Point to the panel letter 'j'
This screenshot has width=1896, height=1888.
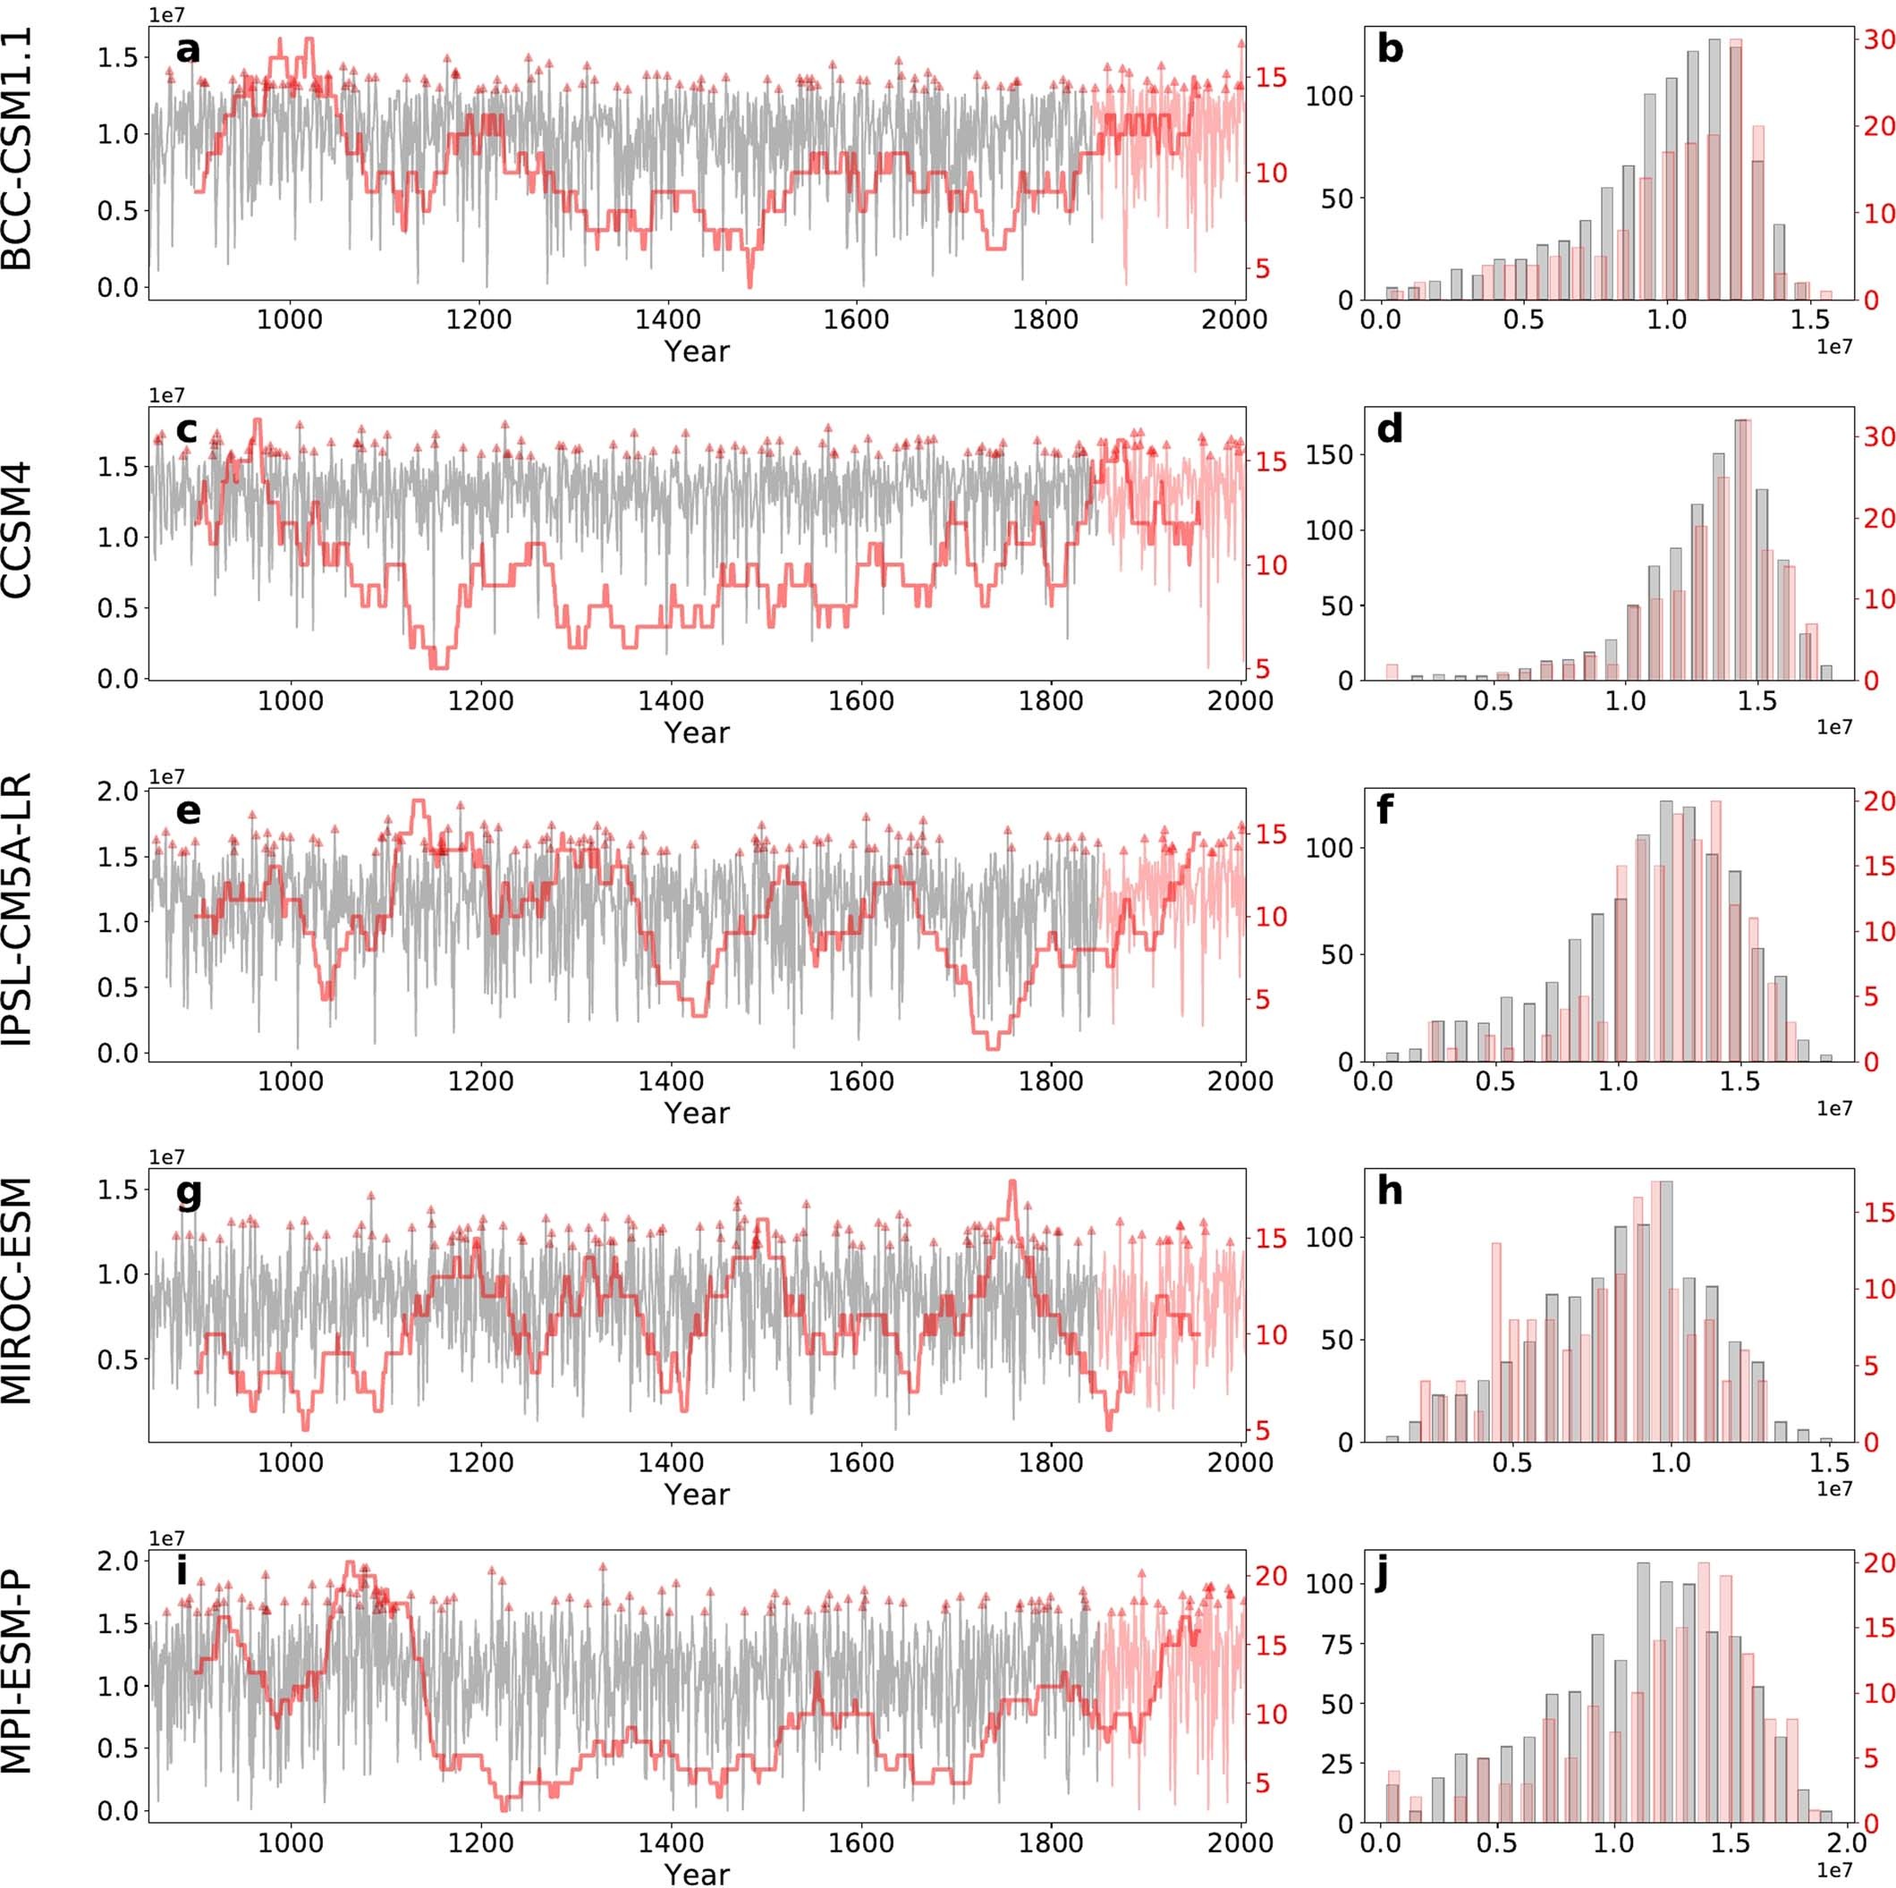[x=1385, y=1574]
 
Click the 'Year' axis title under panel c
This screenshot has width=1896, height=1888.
[x=696, y=732]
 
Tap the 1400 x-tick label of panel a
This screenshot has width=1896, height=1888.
[x=666, y=319]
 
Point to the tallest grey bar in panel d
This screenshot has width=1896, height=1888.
[x=1741, y=549]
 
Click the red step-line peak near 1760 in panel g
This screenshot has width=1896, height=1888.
[x=1011, y=1182]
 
